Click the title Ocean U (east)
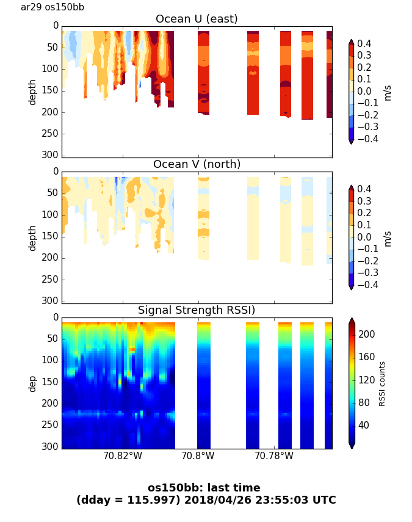(197, 19)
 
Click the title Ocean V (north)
(197, 164)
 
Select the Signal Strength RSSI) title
(197, 310)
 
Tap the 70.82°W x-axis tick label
(123, 455)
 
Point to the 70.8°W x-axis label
(198, 455)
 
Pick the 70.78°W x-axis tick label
(273, 455)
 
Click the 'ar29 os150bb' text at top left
(52, 7)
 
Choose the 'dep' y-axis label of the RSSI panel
(32, 383)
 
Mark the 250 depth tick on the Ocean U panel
(51, 134)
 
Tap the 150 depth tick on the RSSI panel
(51, 382)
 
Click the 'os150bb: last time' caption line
(204, 488)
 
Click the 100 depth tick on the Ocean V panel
(51, 215)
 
